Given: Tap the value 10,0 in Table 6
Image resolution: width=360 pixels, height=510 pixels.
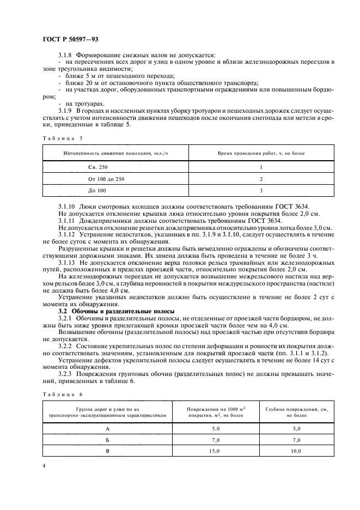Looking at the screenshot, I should [296, 451].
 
